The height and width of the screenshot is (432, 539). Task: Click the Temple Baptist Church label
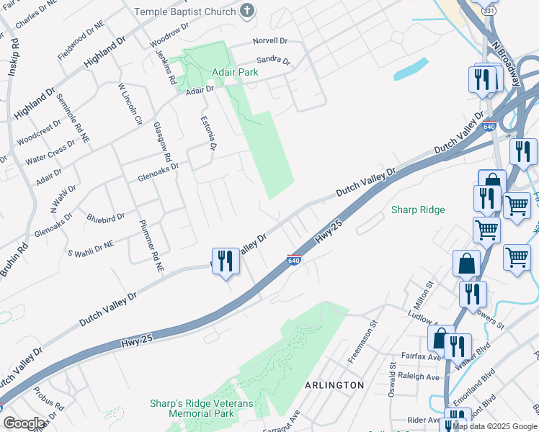[185, 12]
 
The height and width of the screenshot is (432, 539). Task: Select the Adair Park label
[236, 73]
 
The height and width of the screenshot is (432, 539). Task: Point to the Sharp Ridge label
[418, 210]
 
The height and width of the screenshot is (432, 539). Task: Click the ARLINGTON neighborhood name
[334, 385]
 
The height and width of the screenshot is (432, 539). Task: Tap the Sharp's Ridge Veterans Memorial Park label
[202, 409]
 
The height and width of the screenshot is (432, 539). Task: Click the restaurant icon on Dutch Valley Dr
[226, 262]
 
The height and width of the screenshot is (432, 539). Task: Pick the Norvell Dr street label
[269, 41]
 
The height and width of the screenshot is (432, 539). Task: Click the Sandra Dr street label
[273, 61]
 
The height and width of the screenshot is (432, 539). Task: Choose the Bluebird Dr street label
[105, 216]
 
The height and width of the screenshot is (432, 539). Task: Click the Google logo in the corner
[24, 423]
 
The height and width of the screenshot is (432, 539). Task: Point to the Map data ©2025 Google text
[494, 426]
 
